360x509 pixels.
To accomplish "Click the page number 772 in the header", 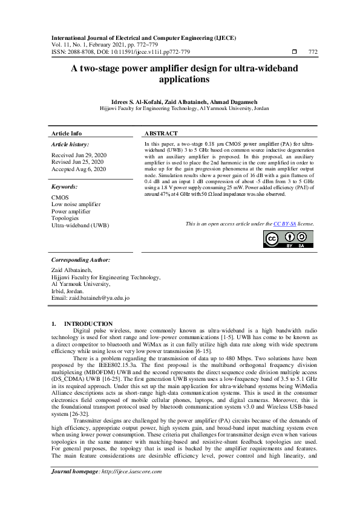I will (313, 52).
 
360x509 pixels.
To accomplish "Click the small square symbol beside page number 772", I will (294, 52).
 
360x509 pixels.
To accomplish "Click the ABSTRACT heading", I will (161, 133).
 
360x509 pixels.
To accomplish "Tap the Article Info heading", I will (67, 133).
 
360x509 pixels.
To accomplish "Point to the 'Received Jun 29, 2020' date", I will (78, 155).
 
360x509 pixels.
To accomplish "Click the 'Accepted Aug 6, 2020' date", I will (79, 169).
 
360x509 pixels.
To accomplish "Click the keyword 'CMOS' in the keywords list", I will (60, 197).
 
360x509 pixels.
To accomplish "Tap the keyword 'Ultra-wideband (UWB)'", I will (80, 225).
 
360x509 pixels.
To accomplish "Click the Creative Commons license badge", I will (287, 239).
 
